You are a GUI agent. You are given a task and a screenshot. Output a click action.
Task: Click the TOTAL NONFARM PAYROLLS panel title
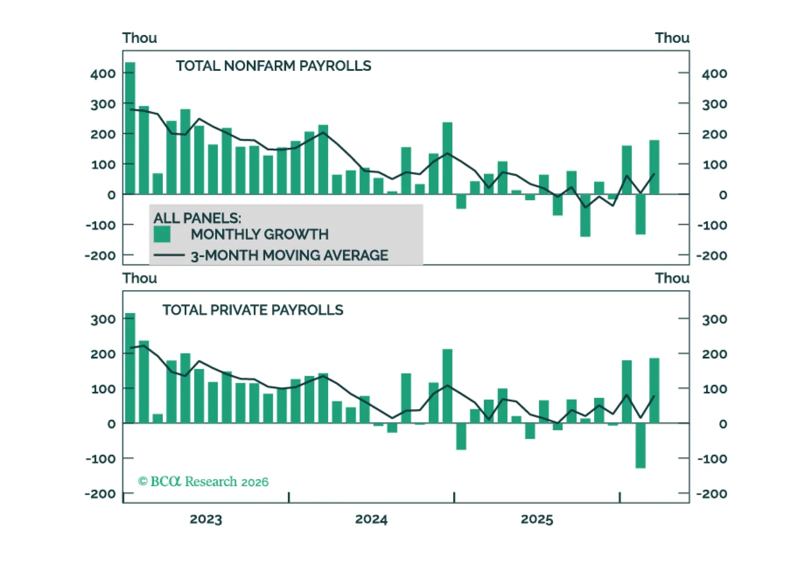[x=273, y=66]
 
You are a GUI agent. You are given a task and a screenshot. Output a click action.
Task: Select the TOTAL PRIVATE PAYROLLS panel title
[x=253, y=310]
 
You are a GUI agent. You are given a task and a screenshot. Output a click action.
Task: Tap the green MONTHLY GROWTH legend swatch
[x=162, y=234]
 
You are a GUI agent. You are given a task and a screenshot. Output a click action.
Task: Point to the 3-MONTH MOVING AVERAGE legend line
[x=169, y=256]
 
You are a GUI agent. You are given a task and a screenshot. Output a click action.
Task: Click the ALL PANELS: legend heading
[x=197, y=218]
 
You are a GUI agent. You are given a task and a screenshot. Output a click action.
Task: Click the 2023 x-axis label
[x=206, y=519]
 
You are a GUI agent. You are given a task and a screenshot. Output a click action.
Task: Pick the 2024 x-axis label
[x=371, y=519]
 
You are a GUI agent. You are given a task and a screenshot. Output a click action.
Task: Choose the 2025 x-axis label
[x=537, y=519]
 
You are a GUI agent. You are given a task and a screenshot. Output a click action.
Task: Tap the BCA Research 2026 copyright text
[x=203, y=481]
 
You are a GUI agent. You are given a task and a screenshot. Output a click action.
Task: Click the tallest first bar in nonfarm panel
[x=130, y=128]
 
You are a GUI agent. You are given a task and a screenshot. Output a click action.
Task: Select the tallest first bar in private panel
[x=130, y=368]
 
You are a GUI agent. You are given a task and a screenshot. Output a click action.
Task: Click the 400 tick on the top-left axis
[x=103, y=74]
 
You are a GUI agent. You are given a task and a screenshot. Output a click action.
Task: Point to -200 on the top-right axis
[x=712, y=256]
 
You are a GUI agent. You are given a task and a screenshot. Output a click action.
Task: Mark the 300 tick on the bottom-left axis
[x=103, y=319]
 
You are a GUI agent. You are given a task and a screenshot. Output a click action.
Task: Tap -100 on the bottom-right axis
[x=712, y=459]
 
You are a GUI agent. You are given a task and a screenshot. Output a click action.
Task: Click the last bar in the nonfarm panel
[x=654, y=167]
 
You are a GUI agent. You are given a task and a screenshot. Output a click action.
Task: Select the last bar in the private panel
[x=654, y=390]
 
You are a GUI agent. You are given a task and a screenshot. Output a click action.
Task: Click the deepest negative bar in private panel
[x=640, y=446]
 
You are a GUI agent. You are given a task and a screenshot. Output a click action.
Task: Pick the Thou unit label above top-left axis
[x=140, y=38]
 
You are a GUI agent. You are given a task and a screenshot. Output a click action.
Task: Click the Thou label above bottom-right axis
[x=672, y=278]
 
